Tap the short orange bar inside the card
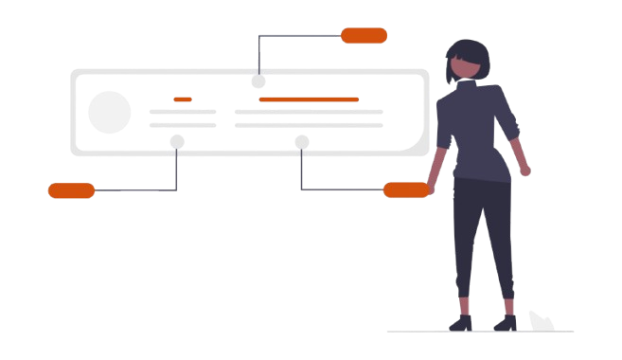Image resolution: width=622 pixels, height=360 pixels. pyautogui.click(x=183, y=99)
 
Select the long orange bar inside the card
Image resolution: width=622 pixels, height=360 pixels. pyautogui.click(x=309, y=99)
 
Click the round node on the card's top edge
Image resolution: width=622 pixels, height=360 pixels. pyautogui.click(x=258, y=81)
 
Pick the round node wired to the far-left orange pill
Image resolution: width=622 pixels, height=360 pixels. pyautogui.click(x=177, y=142)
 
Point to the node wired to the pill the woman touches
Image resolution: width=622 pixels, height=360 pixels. pyautogui.click(x=301, y=143)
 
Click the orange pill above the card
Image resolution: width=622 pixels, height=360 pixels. pyautogui.click(x=364, y=36)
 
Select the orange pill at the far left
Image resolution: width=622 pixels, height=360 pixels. pyautogui.click(x=71, y=191)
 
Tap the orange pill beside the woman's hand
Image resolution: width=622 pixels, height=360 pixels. pyautogui.click(x=405, y=190)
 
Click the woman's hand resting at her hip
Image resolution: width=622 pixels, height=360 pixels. pyautogui.click(x=525, y=171)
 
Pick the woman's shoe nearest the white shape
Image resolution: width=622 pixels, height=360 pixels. pyautogui.click(x=504, y=322)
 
